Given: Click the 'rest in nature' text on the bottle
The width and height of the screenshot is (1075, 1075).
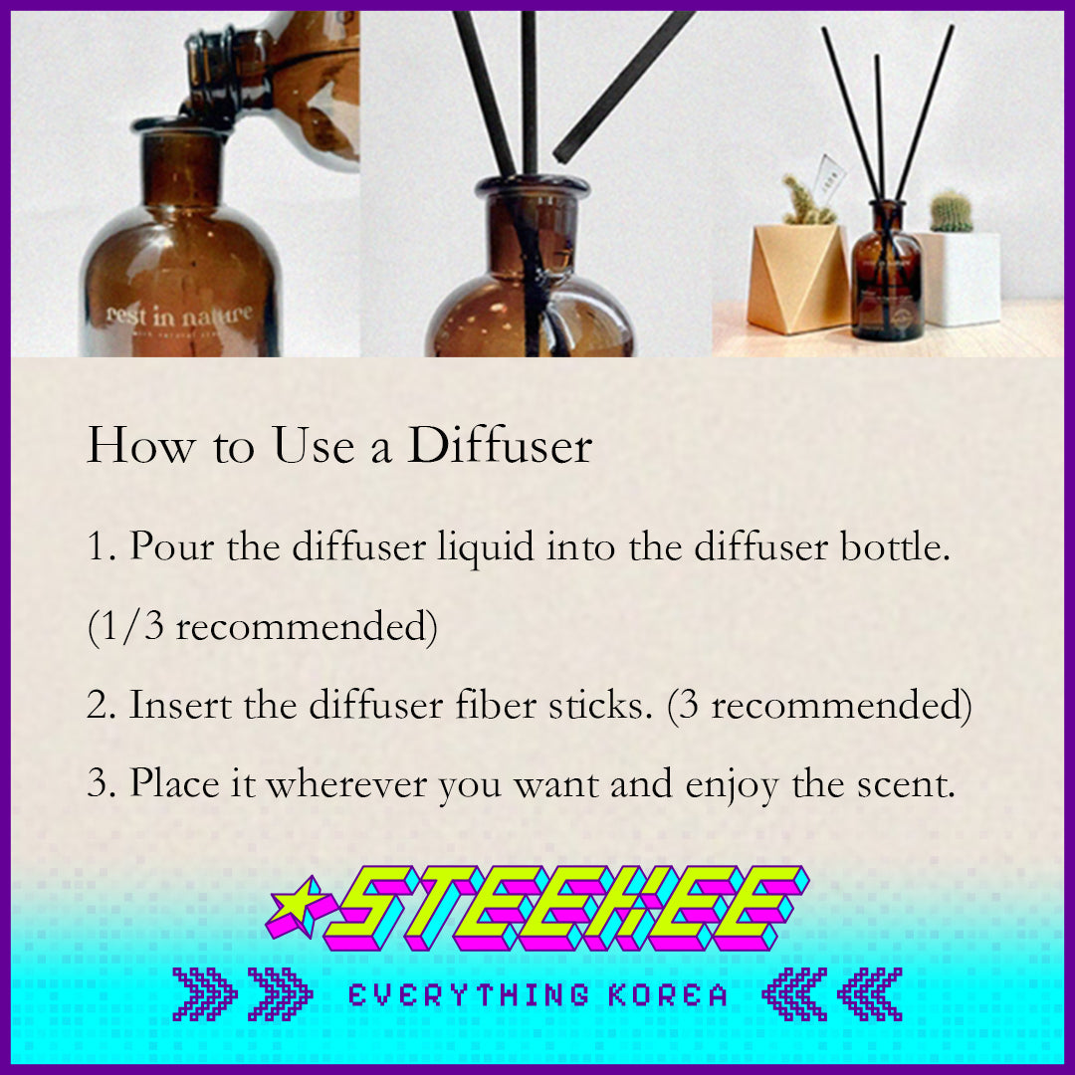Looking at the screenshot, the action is pos(179,315).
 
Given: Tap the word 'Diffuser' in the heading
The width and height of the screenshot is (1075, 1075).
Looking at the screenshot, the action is pos(500,446).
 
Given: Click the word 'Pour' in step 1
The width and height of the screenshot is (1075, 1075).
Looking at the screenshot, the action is pos(172,546).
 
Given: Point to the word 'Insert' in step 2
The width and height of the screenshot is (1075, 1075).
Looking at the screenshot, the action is pos(180,705).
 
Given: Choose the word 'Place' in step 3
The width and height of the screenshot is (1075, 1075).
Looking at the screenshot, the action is pos(174,783).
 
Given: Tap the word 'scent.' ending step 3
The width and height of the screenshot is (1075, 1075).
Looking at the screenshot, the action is pos(906,785).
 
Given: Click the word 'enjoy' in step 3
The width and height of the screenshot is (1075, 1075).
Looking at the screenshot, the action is pos(732,786).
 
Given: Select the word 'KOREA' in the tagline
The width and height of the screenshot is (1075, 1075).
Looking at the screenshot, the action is pos(668,994).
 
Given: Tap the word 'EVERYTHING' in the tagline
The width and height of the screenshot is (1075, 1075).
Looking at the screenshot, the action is pos(468,994).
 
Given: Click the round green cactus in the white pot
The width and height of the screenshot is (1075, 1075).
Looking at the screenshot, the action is pos(951,212).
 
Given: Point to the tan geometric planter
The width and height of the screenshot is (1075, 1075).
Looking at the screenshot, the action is pos(797,278).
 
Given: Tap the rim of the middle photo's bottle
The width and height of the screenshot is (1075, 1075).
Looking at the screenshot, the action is pos(532,185).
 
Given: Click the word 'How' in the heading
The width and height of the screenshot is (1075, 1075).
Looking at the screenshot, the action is pos(140,446).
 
